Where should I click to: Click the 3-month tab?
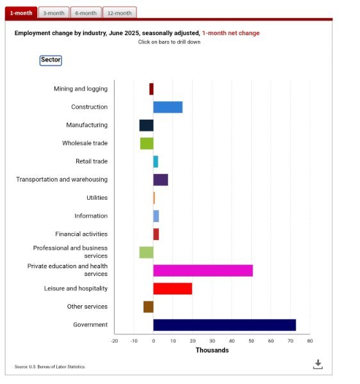pos(54,13)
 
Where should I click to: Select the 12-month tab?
pos(120,13)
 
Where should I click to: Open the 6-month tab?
pos(86,13)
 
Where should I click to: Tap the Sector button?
pos(51,60)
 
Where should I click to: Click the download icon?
pos(318,364)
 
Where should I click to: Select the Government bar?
pos(224,325)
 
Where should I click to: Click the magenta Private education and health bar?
pos(203,271)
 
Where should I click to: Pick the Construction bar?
pos(168,108)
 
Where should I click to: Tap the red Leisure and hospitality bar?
pos(173,289)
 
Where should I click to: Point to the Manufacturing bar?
pos(146,125)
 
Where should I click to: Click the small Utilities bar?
pos(154,198)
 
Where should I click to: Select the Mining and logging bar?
pos(151,89)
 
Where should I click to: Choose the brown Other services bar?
pos(149,307)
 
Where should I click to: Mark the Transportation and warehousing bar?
pos(161,180)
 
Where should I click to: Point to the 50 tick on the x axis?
pos(251,341)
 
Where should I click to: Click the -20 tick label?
pos(114,341)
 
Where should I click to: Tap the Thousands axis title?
pos(212,350)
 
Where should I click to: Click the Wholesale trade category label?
pos(85,143)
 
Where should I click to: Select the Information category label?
pos(91,216)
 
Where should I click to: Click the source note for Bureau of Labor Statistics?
pos(50,367)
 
